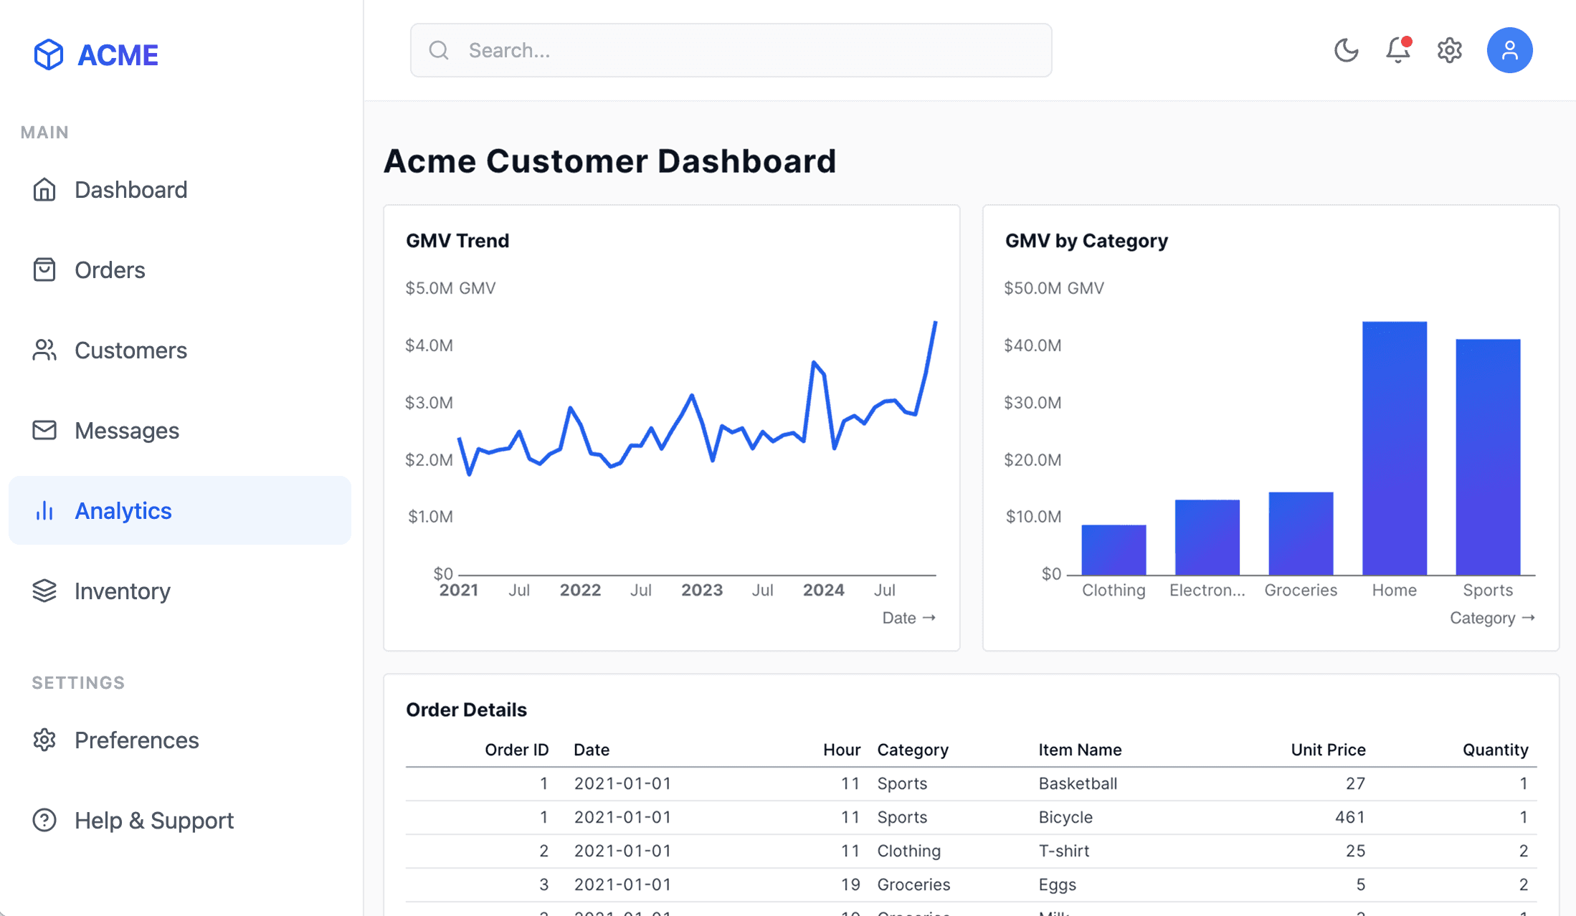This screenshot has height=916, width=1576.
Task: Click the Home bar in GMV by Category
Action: tap(1394, 448)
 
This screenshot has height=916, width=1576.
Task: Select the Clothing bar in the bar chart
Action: tap(1114, 550)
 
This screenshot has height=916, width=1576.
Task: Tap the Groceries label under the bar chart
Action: tap(1301, 590)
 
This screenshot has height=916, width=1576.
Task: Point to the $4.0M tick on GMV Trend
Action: tap(429, 345)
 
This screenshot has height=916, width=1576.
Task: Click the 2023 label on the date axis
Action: tap(701, 590)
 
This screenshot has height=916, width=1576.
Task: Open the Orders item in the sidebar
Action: tap(110, 270)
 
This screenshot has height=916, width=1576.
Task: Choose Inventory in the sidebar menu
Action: tap(122, 591)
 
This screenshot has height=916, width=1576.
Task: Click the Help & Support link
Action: tap(153, 821)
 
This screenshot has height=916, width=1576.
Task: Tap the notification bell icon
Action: tap(1397, 50)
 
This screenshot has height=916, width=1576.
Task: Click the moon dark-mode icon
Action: tap(1346, 50)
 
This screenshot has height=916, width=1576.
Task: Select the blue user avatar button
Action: tap(1509, 50)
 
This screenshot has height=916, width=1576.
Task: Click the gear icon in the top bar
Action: tap(1449, 50)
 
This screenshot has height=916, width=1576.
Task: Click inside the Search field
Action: tap(731, 50)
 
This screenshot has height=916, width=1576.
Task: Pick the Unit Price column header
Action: tap(1328, 750)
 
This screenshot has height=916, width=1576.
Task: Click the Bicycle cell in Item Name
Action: tap(1065, 817)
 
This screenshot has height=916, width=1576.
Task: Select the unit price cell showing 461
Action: tap(1349, 817)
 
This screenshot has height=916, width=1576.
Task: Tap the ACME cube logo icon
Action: tap(49, 54)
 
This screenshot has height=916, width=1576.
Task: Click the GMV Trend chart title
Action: tap(457, 241)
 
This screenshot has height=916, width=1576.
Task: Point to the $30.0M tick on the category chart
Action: tap(1033, 403)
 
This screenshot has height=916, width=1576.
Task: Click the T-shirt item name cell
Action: tap(1064, 851)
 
